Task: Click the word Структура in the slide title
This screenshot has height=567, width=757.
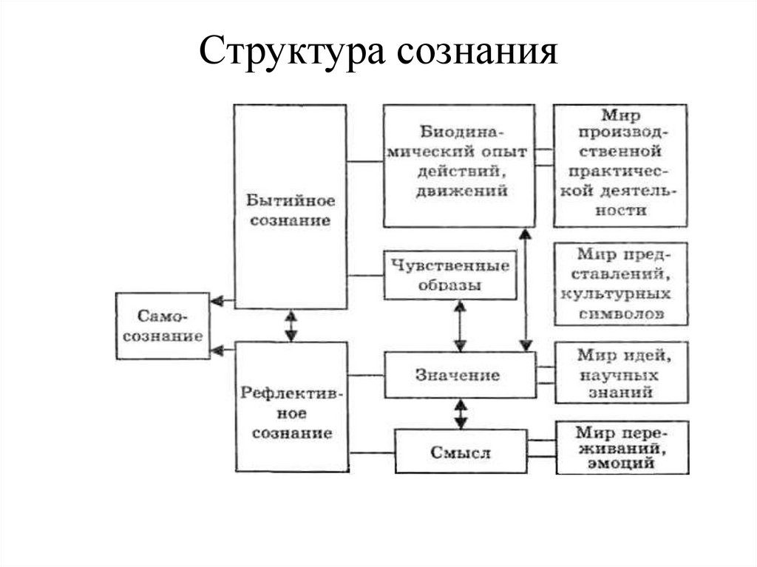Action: point(291,52)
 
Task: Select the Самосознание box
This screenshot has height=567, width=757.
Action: point(163,325)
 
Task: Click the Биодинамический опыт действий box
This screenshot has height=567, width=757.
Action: point(458,165)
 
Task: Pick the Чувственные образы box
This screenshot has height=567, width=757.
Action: point(449,275)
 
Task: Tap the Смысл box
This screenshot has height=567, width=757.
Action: point(460,452)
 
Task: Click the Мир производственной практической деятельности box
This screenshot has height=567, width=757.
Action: point(619,165)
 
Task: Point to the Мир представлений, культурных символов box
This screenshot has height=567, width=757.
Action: point(619,284)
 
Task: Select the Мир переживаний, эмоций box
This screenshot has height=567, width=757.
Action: point(621,447)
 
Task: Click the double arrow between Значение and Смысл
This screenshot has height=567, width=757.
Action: point(461,413)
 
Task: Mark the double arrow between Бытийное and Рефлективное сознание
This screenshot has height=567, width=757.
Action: point(291,325)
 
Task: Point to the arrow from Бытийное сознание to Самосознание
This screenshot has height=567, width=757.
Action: point(221,301)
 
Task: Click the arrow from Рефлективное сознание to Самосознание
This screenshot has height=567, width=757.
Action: point(221,351)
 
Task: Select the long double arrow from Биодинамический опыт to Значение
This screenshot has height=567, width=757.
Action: point(526,289)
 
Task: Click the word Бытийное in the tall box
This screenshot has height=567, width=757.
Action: point(291,201)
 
